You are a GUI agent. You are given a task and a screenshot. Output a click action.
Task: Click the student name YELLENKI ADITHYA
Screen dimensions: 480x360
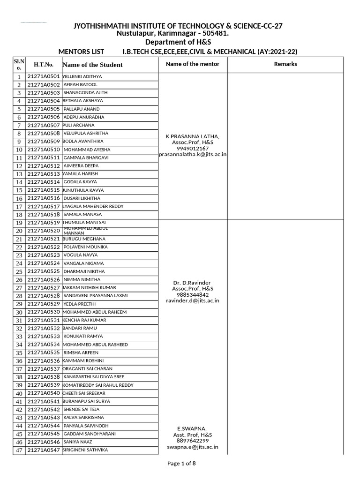click(x=82, y=76)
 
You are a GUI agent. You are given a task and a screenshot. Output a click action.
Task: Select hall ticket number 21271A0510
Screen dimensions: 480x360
click(x=44, y=150)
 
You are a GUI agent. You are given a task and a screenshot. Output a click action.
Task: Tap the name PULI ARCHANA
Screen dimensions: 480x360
click(x=79, y=125)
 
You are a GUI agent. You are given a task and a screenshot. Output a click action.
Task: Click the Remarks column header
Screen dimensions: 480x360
click(x=285, y=64)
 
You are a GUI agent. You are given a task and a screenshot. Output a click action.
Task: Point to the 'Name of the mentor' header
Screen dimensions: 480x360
click(x=193, y=64)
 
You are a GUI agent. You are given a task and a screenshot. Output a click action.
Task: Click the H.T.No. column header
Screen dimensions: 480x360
click(x=44, y=65)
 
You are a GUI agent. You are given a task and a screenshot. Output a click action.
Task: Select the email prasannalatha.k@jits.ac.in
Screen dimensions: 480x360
click(x=193, y=154)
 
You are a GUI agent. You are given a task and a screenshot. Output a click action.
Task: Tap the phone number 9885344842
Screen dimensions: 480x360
click(x=193, y=295)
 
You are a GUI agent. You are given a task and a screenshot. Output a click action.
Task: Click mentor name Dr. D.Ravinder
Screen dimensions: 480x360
click(x=193, y=283)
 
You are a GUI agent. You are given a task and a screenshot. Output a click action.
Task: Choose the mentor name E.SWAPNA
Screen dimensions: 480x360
click(x=193, y=429)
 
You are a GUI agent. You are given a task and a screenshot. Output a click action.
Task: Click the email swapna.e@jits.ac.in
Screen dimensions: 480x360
click(x=193, y=447)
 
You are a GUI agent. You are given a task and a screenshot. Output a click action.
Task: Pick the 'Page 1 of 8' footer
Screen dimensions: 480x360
click(x=182, y=464)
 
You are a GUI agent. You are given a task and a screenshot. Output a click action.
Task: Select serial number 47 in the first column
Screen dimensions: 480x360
click(x=19, y=450)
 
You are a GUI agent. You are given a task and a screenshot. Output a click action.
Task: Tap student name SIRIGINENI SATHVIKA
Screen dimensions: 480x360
click(x=85, y=450)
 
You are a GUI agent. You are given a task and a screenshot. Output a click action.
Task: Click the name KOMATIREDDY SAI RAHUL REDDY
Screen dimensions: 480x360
click(x=98, y=385)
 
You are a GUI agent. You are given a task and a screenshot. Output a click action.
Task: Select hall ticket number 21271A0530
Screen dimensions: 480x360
click(x=44, y=312)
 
